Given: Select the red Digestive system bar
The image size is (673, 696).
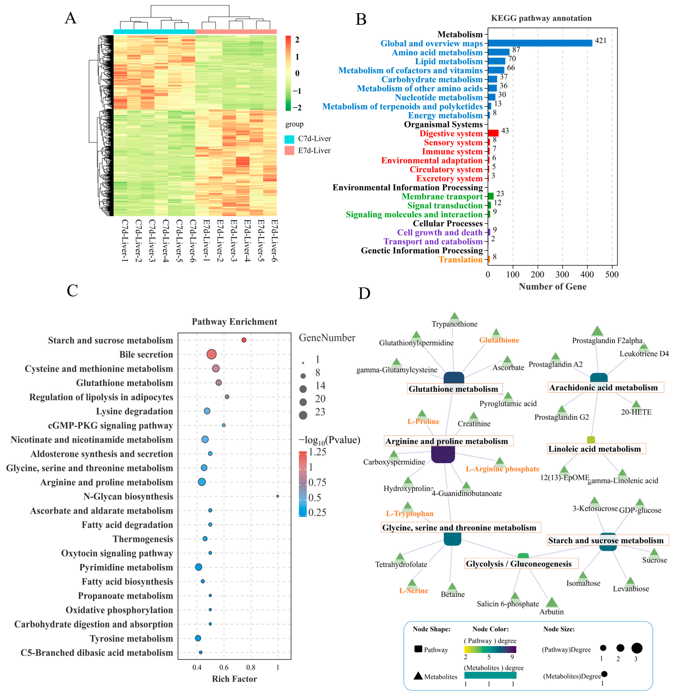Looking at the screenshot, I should click(x=493, y=133).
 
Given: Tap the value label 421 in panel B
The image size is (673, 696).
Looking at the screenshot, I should click(x=601, y=41).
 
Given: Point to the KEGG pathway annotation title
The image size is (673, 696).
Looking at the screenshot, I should click(x=541, y=18).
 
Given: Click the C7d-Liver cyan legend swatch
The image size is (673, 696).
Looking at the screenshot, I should click(x=289, y=139).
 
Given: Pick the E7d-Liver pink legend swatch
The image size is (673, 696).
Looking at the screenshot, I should click(x=289, y=151).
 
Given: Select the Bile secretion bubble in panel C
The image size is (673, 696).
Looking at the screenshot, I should click(x=211, y=354).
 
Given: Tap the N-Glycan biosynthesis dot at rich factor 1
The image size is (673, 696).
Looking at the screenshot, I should click(x=277, y=496).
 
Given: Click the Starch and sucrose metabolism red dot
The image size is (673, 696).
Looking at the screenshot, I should click(x=244, y=340).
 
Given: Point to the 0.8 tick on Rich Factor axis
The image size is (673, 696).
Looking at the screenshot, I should click(x=251, y=667).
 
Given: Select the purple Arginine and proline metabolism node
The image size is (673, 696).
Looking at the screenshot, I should click(x=443, y=455).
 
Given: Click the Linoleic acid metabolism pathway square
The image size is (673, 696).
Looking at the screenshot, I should click(x=591, y=440).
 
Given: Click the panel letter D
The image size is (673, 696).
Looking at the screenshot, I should click(x=364, y=293).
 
